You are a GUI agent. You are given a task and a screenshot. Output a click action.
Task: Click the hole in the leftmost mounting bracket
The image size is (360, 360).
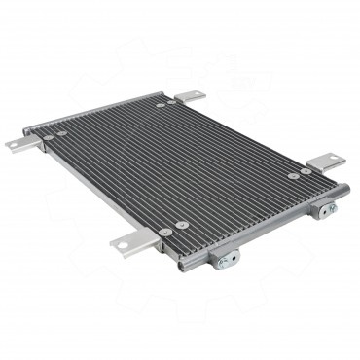(x=14, y=145)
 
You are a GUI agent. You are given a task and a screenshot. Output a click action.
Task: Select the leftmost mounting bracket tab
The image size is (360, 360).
(x=19, y=144)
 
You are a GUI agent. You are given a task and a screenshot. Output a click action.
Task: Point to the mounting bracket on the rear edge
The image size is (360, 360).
(x=190, y=96)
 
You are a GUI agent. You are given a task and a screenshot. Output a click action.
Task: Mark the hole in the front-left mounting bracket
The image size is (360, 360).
(x=123, y=245)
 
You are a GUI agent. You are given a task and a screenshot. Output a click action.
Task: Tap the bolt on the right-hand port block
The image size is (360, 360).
(x=330, y=208)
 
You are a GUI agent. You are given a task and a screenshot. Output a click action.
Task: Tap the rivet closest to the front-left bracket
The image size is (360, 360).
(x=166, y=232)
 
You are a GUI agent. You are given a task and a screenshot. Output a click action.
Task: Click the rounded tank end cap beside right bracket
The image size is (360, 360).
(x=341, y=189)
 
